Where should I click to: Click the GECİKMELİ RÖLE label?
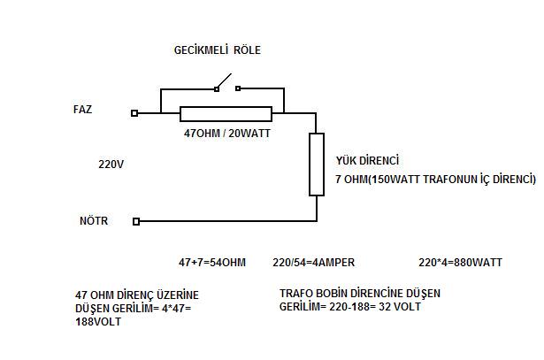coord(217,50)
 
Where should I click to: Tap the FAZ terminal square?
coord(134,113)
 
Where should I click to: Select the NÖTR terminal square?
coord(135,221)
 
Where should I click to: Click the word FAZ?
coord(83,110)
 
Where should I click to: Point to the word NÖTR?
coord(93,221)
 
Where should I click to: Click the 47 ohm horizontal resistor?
coord(226,113)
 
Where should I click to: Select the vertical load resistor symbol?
coord(316,164)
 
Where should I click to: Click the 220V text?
coord(111,165)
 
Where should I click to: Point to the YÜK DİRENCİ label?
coord(367,161)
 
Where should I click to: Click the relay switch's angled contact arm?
coord(226,81)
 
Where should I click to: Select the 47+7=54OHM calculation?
coord(211,263)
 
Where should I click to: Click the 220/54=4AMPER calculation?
coord(313,263)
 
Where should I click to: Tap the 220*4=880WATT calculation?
coord(460,263)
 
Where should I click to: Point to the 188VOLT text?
coord(100,322)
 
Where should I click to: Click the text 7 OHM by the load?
coord(351,180)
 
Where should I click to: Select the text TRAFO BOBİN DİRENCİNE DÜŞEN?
coord(359,293)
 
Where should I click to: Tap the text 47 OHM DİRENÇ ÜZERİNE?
coord(137,295)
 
